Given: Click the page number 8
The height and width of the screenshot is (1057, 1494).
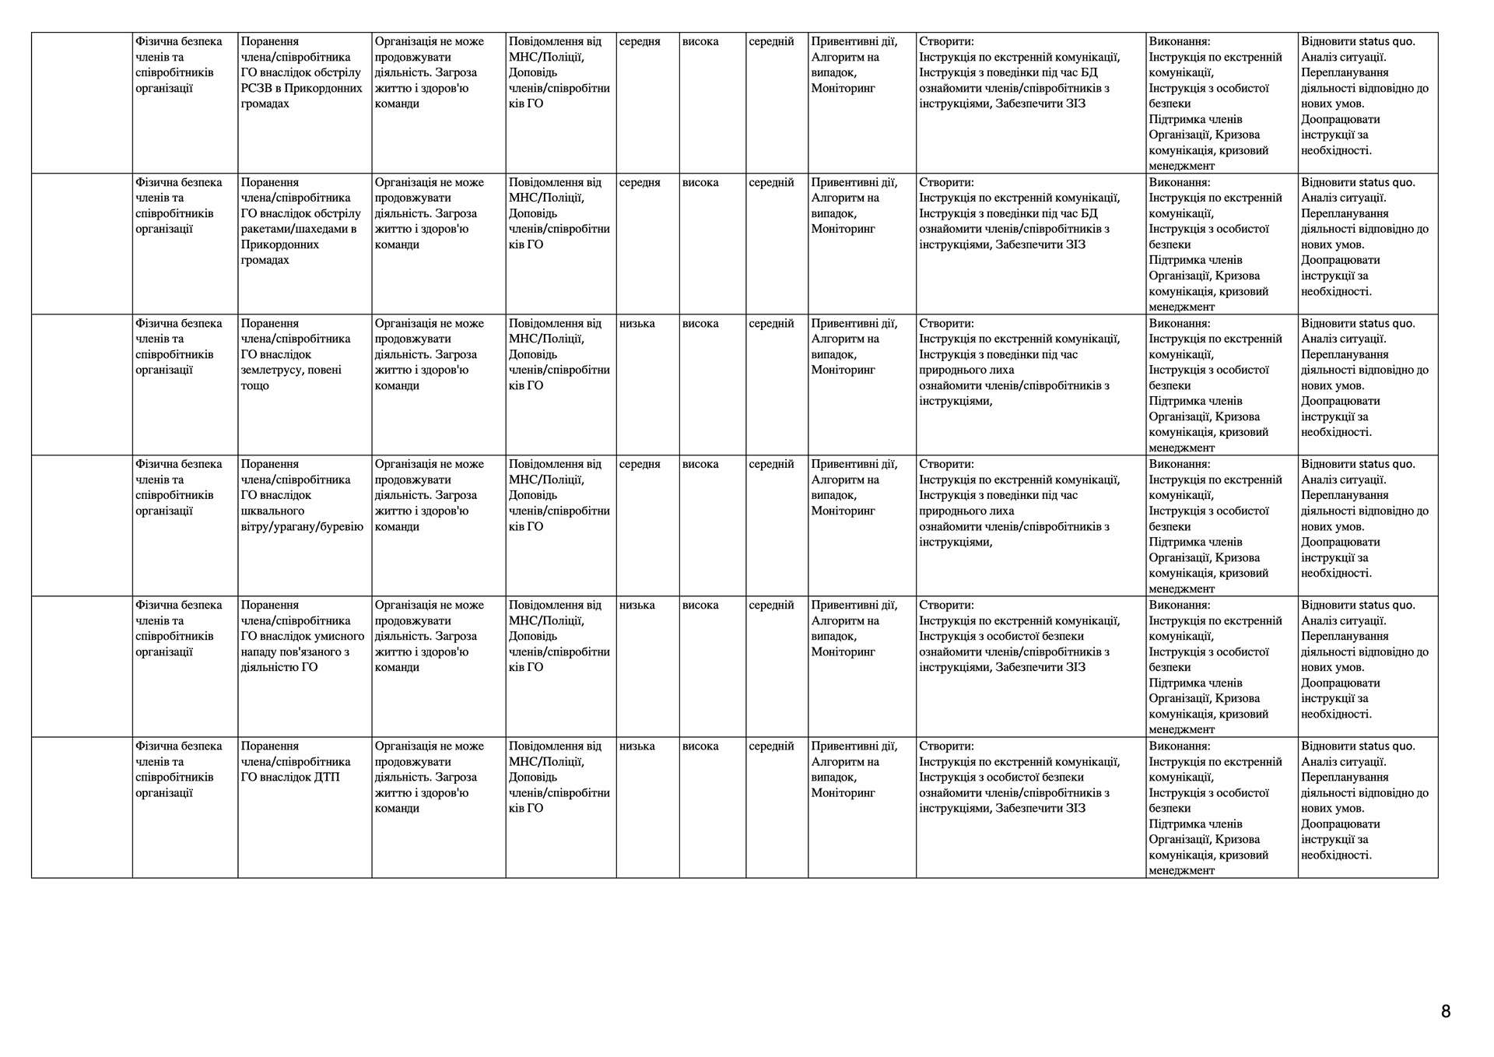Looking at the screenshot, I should [1446, 1012].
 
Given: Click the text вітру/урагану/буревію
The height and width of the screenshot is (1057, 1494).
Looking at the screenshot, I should [302, 526].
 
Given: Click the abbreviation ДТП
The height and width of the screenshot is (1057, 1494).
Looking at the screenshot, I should [327, 777].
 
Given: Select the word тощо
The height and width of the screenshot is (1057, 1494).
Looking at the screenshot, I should [254, 385].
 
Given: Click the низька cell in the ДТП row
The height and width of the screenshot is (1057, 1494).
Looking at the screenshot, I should [637, 746].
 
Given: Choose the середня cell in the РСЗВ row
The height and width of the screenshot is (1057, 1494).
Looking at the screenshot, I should [640, 41].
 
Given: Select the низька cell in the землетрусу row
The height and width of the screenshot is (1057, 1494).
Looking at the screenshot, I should [637, 323].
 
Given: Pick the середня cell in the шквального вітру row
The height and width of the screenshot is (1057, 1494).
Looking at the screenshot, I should [640, 464].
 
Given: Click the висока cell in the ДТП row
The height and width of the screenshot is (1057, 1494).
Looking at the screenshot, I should [700, 746].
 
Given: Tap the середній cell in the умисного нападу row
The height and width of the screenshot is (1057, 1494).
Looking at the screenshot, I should [771, 605].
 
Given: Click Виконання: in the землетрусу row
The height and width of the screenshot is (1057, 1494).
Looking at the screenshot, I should [1180, 323].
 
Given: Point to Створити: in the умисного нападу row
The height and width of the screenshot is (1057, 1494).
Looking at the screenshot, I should [946, 605].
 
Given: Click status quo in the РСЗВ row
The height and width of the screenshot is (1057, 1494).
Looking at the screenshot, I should [1387, 41].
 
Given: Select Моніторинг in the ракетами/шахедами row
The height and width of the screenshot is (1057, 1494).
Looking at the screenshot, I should [843, 229].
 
